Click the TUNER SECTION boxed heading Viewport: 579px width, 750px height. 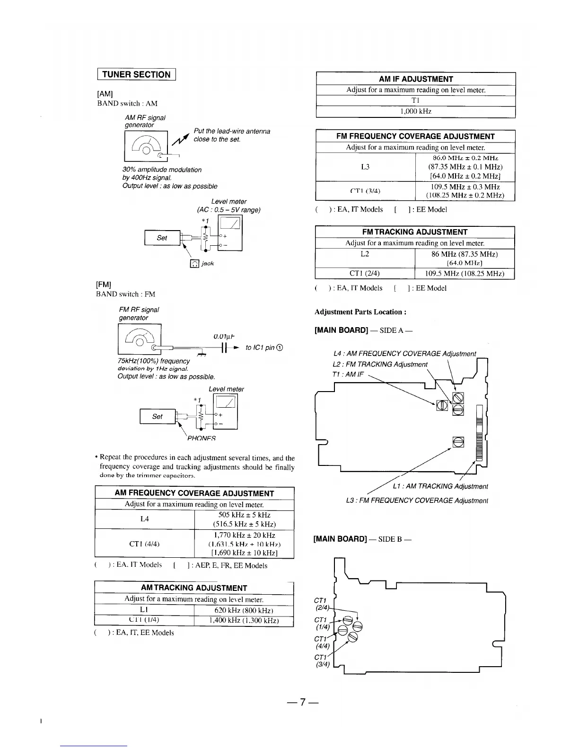tap(136, 74)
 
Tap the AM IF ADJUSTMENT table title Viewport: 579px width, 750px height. tap(415, 79)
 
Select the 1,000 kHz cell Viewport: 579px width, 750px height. tap(415, 112)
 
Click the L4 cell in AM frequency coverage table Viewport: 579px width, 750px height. tap(145, 519)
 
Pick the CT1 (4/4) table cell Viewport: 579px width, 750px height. tap(145, 544)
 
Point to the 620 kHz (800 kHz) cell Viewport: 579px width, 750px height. tap(244, 610)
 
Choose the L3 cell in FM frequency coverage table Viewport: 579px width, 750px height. tap(365, 167)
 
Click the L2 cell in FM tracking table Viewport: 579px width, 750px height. tap(365, 254)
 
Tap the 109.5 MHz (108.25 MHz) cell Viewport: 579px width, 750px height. tap(464, 274)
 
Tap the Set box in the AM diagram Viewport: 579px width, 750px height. tap(162, 238)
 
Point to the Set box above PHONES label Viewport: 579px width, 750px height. tap(158, 417)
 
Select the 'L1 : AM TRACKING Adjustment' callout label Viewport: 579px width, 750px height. tap(440, 486)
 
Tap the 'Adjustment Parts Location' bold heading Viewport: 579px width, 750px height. tap(360, 312)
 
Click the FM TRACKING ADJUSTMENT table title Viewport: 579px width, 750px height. tap(414, 232)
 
